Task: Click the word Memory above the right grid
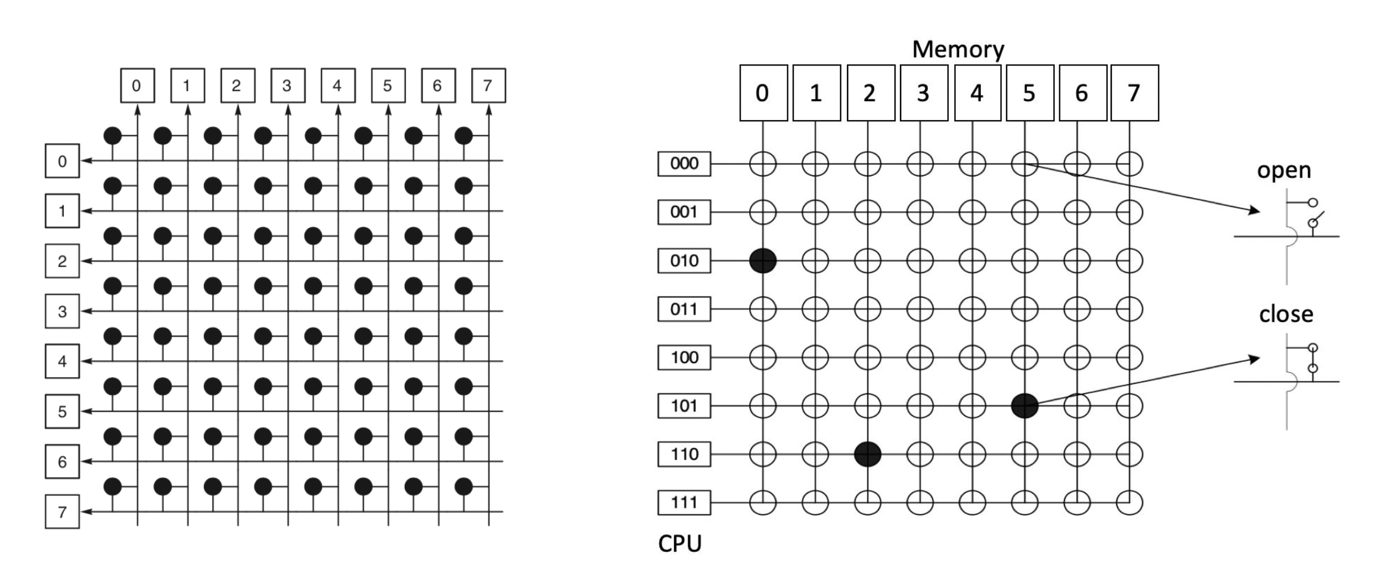(x=958, y=49)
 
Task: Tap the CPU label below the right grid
(x=680, y=543)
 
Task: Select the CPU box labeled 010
(x=684, y=261)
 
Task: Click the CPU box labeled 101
(x=684, y=406)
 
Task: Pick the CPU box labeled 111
(x=684, y=502)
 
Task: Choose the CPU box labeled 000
(x=684, y=164)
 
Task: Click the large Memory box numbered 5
(x=1030, y=93)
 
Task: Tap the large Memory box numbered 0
(x=763, y=93)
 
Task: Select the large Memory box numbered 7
(x=1135, y=93)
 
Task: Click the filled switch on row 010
(x=763, y=261)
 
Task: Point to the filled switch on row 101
(x=1025, y=406)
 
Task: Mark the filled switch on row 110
(x=868, y=455)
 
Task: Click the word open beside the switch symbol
(x=1284, y=170)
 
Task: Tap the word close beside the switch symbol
(x=1286, y=314)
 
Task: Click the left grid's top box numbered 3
(x=287, y=85)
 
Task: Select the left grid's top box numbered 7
(x=488, y=85)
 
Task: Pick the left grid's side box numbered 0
(x=62, y=161)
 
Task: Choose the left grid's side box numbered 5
(x=62, y=411)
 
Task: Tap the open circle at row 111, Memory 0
(x=763, y=503)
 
